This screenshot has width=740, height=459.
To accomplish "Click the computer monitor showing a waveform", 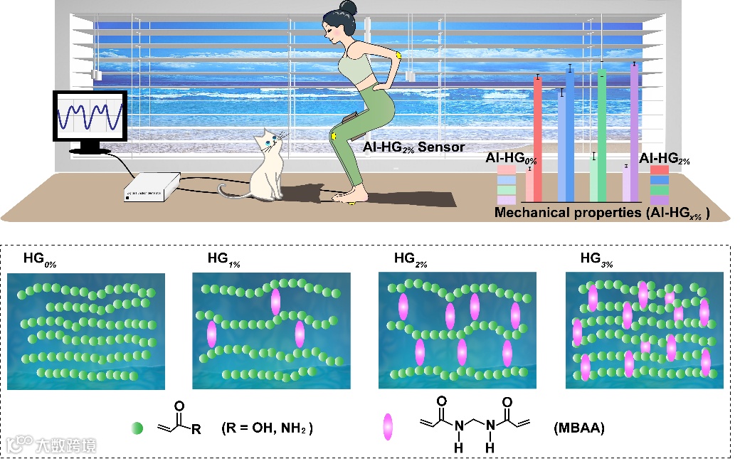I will (x=91, y=117).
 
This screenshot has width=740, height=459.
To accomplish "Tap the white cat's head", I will (x=271, y=142).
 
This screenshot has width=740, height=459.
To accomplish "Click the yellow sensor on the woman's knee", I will (x=333, y=135).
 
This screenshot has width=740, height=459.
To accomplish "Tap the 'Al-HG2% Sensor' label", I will (x=410, y=148).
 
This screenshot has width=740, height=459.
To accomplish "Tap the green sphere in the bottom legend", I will (x=137, y=428).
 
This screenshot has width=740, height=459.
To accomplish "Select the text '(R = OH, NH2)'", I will (x=267, y=428).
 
